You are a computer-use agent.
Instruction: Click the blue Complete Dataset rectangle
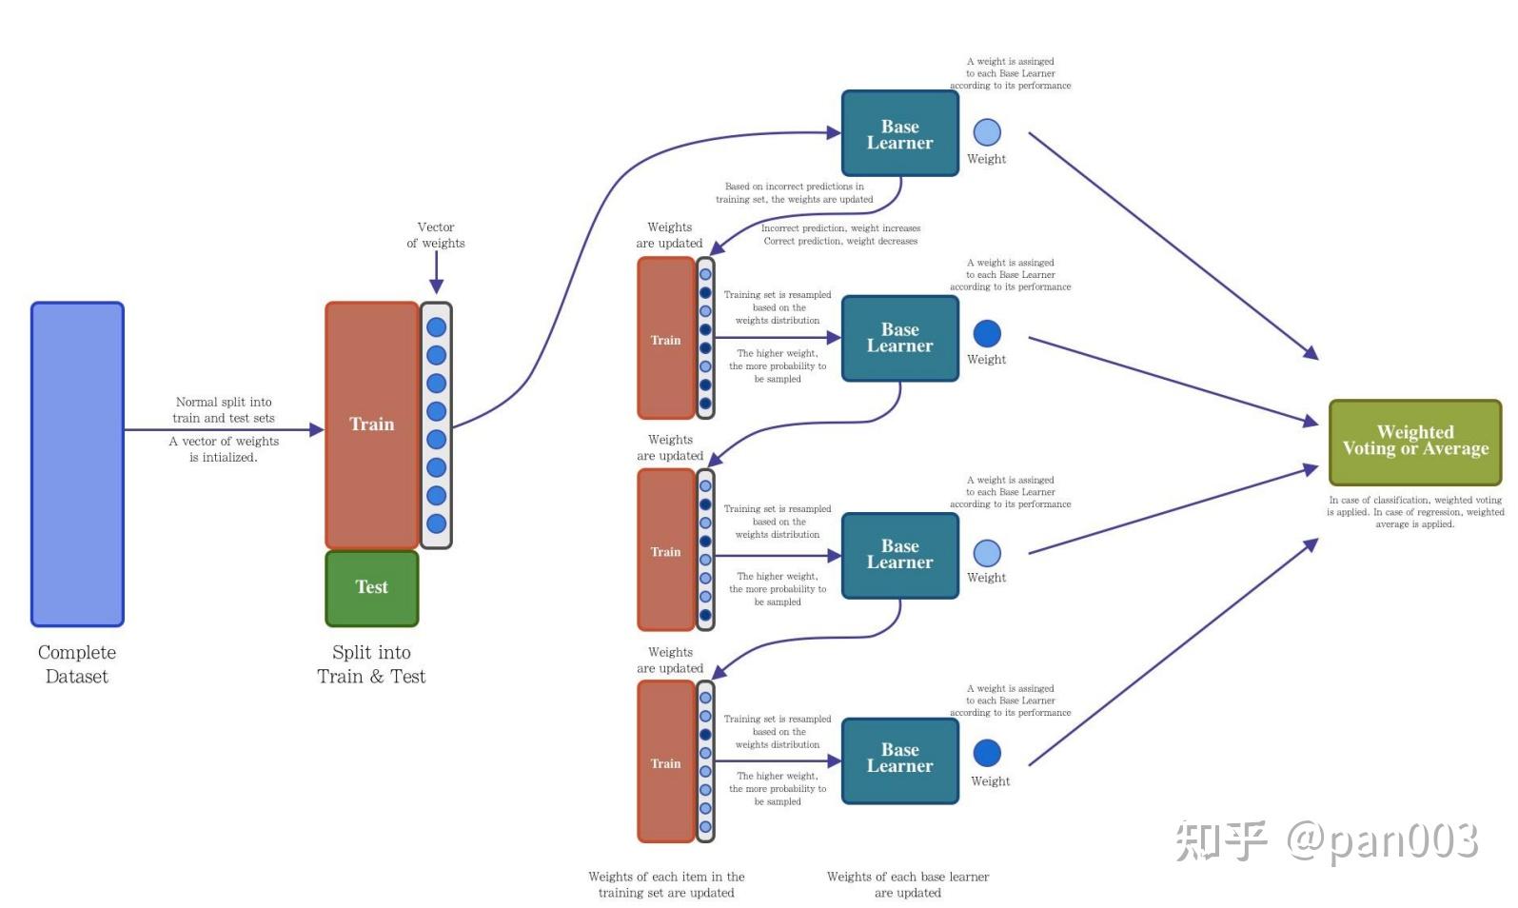click(77, 464)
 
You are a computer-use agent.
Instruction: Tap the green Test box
click(371, 587)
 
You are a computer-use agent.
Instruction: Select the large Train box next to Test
click(371, 424)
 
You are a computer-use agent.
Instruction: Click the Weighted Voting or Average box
click(1414, 441)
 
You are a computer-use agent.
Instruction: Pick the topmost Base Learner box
click(899, 134)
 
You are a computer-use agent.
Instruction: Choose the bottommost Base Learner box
click(899, 759)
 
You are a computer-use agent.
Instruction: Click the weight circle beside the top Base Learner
click(987, 132)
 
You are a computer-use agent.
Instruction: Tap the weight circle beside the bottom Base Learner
click(987, 753)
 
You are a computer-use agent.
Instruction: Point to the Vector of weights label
click(436, 235)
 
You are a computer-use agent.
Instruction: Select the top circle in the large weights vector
click(436, 327)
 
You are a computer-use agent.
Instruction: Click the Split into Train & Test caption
click(371, 664)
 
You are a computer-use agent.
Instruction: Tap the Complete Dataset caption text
click(77, 664)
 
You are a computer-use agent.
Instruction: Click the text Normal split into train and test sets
click(224, 410)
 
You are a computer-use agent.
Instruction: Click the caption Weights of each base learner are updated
click(907, 884)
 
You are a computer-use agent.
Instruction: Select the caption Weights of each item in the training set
click(666, 884)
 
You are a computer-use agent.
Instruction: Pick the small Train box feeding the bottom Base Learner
click(665, 762)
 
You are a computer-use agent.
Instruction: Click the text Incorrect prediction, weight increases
click(840, 228)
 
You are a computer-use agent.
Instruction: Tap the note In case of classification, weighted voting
click(1414, 500)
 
